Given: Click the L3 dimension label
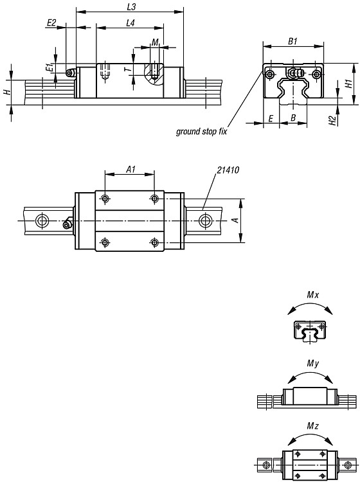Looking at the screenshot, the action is click(x=131, y=7).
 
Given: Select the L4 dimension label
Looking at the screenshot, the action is click(x=130, y=22).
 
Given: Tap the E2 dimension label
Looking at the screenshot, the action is click(x=51, y=22).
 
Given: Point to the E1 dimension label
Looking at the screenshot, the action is click(x=49, y=67).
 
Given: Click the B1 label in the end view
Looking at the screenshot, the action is click(x=292, y=41).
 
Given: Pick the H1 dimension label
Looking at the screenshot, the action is click(x=348, y=84).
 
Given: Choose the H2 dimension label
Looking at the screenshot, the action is click(x=332, y=120).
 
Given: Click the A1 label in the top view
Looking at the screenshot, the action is click(x=131, y=169).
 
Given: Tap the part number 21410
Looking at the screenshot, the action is click(x=228, y=170).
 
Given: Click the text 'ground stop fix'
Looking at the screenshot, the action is click(x=201, y=132).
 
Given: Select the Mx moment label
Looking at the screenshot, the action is click(x=313, y=295).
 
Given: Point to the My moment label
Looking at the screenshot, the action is click(x=313, y=364).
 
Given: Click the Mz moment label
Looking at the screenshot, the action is click(x=313, y=425).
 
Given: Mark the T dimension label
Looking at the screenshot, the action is click(x=129, y=69).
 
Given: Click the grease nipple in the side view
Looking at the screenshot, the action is click(x=71, y=73).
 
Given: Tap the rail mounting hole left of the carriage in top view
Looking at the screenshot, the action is click(x=42, y=220).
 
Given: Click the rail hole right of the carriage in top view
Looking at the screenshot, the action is click(x=204, y=220).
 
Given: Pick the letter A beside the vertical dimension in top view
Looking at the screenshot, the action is click(x=235, y=220).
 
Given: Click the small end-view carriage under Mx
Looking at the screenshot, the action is click(x=310, y=331).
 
